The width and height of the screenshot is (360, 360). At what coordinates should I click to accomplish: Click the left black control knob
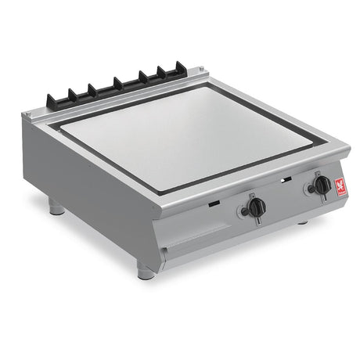pyautogui.click(x=254, y=207)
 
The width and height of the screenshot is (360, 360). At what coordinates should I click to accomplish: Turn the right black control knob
pyautogui.click(x=320, y=185)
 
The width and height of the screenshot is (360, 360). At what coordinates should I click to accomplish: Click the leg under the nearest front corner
pyautogui.click(x=146, y=270)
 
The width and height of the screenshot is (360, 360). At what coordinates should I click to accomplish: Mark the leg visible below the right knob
pyautogui.click(x=303, y=222)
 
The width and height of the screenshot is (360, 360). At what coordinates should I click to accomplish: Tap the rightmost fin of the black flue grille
pyautogui.click(x=180, y=68)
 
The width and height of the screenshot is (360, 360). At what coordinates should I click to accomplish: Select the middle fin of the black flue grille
pyautogui.click(x=118, y=84)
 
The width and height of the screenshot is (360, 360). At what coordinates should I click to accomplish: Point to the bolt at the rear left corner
pyautogui.click(x=28, y=115)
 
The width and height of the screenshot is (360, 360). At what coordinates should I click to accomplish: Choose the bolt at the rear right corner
pyautogui.click(x=204, y=71)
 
